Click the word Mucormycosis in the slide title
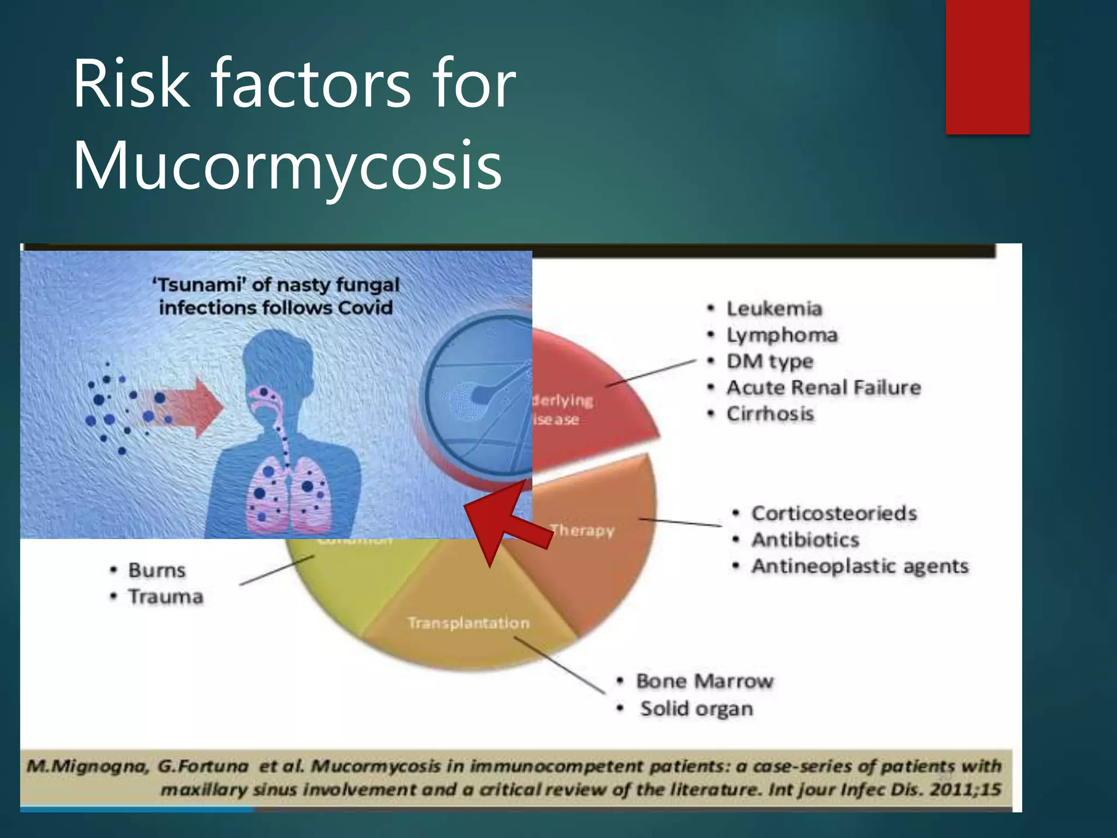[x=287, y=165]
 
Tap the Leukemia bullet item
[x=774, y=309]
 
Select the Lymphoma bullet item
[x=782, y=335]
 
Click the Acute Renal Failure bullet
[x=824, y=387]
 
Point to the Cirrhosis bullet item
[x=770, y=414]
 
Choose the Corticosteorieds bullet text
[x=834, y=513]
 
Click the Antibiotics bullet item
[x=805, y=540]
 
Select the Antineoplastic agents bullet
[x=860, y=566]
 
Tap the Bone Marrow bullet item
[x=704, y=681]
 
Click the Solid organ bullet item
[x=696, y=709]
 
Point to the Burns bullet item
[x=157, y=570]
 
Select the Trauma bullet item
[x=166, y=596]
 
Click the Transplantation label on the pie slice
[x=469, y=622]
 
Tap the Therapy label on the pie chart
[x=582, y=530]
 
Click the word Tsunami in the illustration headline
[x=197, y=285]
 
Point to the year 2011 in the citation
[x=951, y=789]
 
